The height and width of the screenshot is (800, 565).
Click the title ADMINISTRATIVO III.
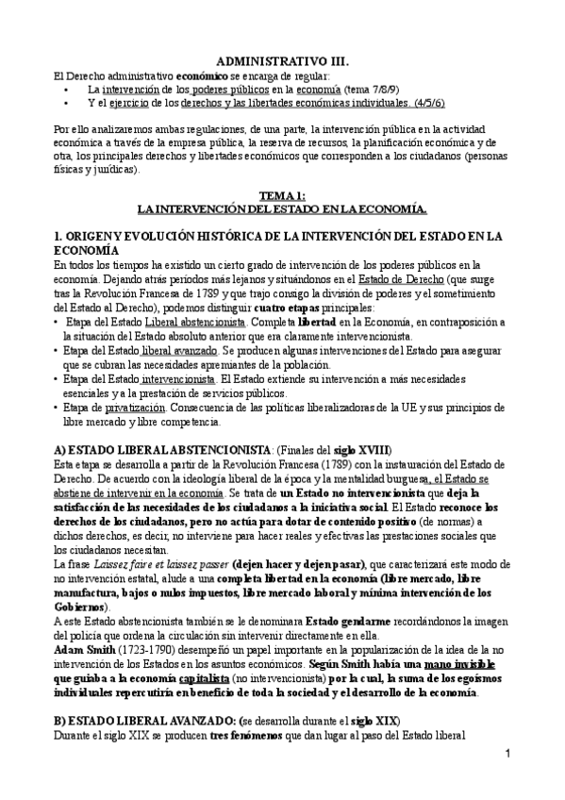283,58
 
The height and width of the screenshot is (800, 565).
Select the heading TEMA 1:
283,192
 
